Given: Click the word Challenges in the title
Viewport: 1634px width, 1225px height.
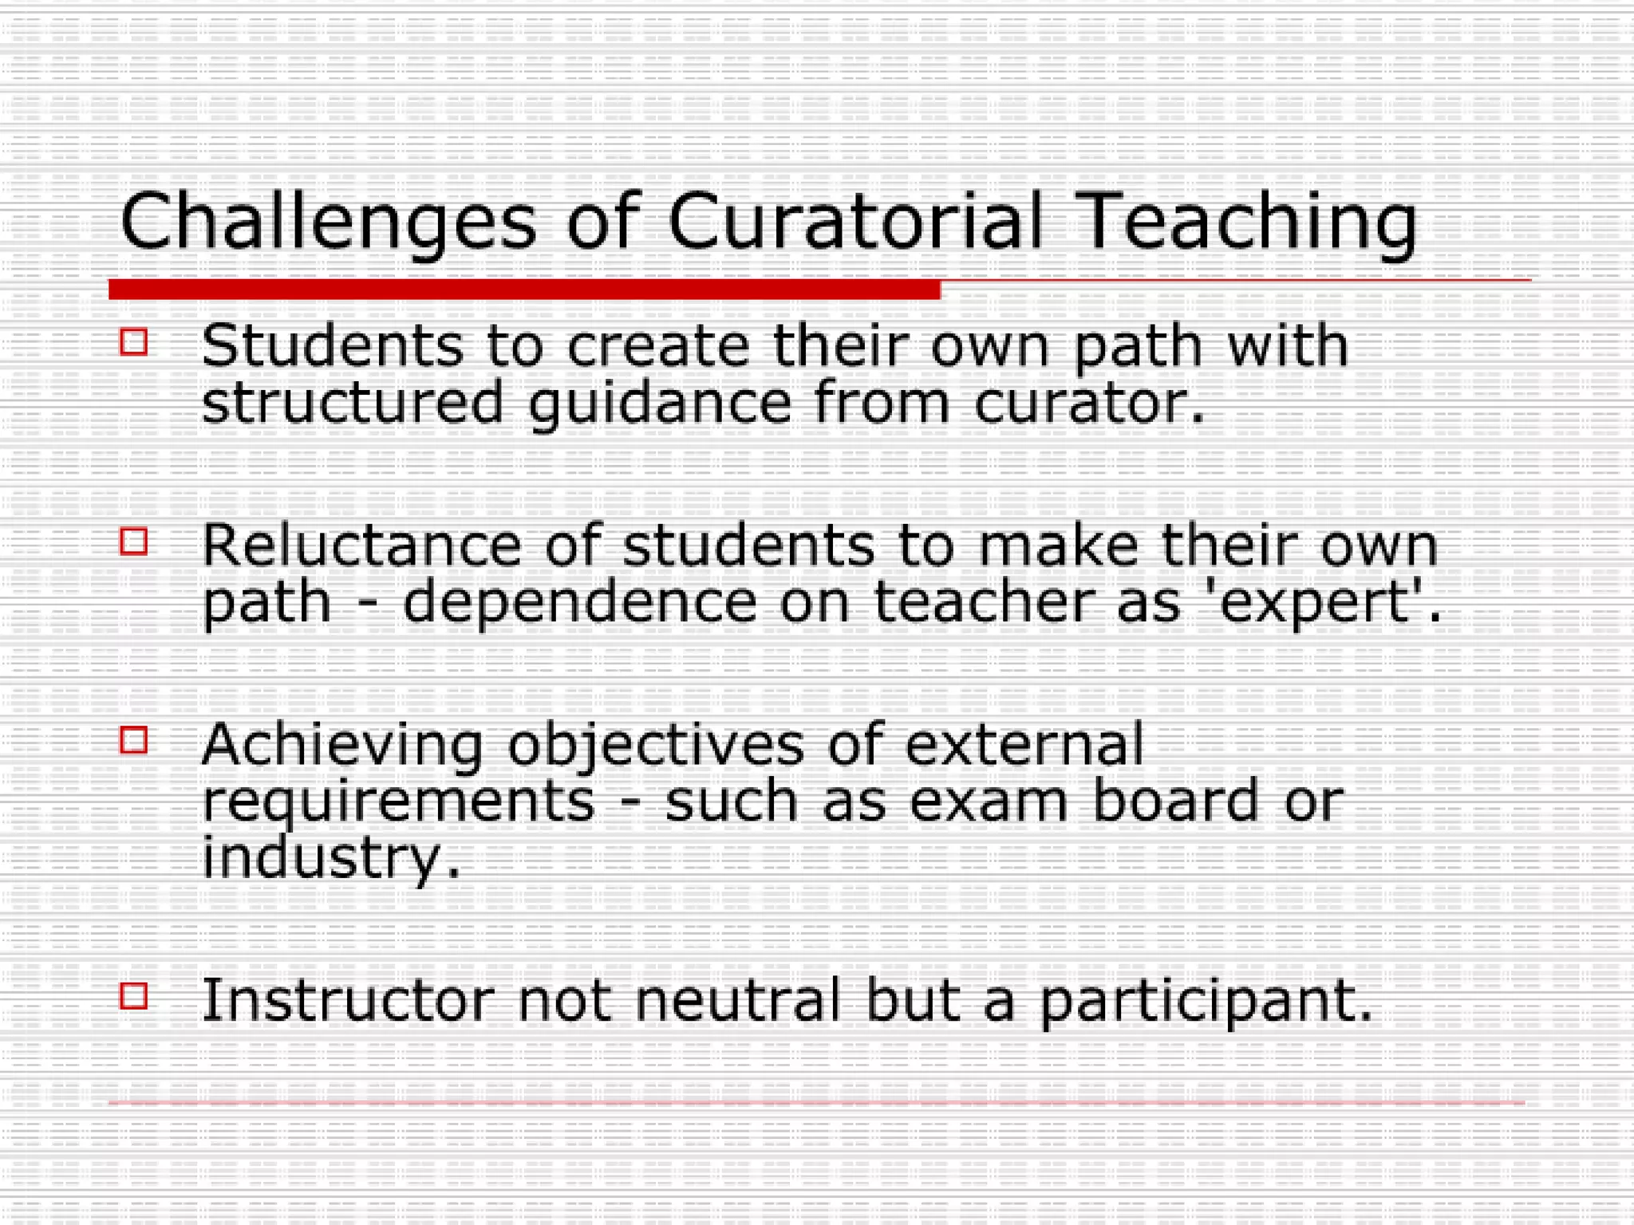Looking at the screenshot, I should (327, 223).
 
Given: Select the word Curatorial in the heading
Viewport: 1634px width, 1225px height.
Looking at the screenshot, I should (854, 221).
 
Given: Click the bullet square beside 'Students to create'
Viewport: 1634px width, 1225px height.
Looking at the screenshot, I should (134, 342).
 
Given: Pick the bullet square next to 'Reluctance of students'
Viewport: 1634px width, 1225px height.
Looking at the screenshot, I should (134, 542).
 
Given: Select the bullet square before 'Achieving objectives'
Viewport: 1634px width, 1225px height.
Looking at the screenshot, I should (134, 740).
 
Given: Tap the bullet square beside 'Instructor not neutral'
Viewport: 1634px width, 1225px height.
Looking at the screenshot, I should (134, 996).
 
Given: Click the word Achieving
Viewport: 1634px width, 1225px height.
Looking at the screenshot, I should (342, 745).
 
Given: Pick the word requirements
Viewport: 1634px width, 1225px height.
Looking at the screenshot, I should (398, 802).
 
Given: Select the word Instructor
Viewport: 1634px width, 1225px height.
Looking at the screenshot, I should (348, 1000).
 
